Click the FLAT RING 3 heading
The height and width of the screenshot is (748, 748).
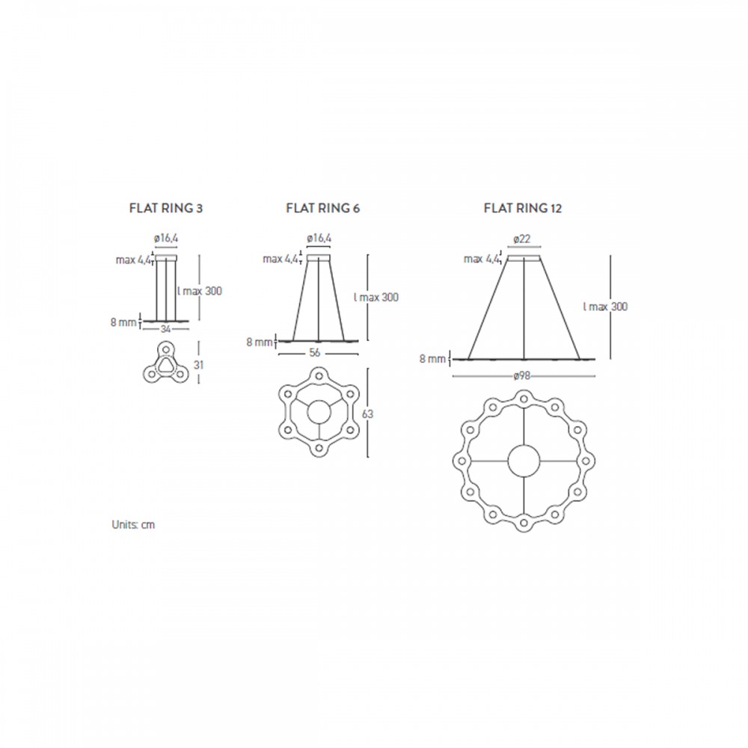[x=166, y=209]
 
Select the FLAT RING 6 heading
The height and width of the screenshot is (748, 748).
[x=323, y=209]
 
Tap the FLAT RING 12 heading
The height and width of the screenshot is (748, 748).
[x=523, y=209]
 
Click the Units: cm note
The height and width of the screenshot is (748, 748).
[x=133, y=525]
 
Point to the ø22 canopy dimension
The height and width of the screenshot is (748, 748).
[x=522, y=239]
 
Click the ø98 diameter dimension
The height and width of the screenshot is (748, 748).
[x=522, y=376]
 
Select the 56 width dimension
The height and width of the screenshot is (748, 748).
[x=315, y=353]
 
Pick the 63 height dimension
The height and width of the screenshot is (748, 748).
[x=367, y=414]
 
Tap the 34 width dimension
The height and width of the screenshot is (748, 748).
[x=165, y=329]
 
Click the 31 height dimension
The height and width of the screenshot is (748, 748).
[x=198, y=365]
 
